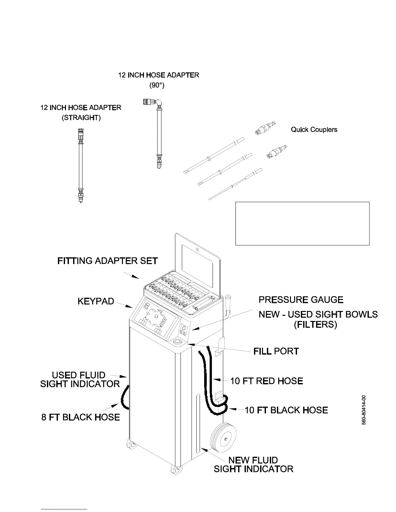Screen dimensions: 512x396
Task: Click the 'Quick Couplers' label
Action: pos(314,130)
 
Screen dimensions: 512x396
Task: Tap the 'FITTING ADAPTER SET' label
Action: pos(107,261)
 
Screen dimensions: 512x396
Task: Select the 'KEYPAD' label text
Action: pos(96,301)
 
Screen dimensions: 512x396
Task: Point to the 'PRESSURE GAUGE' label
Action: pos(301,300)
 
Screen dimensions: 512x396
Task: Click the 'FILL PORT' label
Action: pos(276,351)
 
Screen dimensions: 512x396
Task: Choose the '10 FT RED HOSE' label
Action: pos(267,381)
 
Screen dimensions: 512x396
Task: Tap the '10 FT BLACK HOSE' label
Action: pos(286,410)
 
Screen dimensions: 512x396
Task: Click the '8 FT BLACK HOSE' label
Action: pos(81,417)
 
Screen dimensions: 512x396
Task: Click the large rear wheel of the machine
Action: pos(223,438)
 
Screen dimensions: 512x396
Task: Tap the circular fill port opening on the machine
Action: pos(178,342)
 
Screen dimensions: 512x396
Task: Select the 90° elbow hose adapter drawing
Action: pos(158,133)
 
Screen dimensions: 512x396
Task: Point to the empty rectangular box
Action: pos(302,223)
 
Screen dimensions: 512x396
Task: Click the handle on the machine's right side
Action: pos(228,304)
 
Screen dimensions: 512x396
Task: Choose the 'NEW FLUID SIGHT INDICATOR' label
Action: pos(253,464)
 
